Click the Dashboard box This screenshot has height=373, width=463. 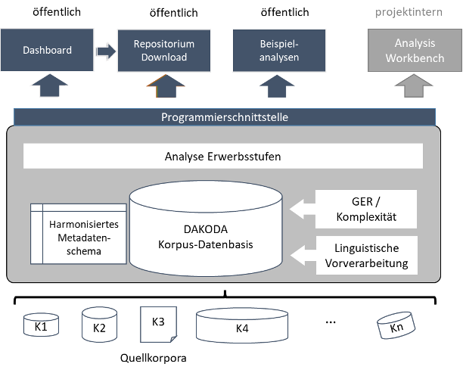[x=48, y=50]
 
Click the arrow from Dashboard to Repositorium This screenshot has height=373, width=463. [x=106, y=51]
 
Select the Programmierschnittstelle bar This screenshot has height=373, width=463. [x=225, y=117]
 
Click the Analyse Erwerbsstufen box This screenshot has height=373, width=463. [x=223, y=157]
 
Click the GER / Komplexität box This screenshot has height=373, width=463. [x=366, y=209]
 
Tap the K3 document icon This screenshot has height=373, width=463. [x=158, y=323]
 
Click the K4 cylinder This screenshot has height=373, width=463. [x=242, y=326]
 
